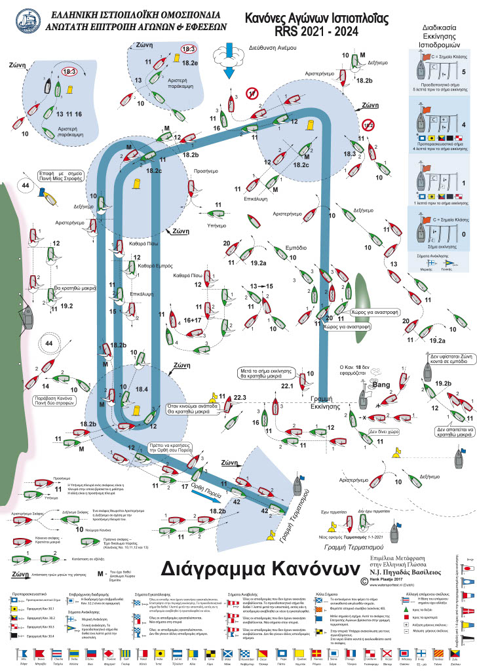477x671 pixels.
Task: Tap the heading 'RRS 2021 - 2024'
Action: point(310,29)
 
